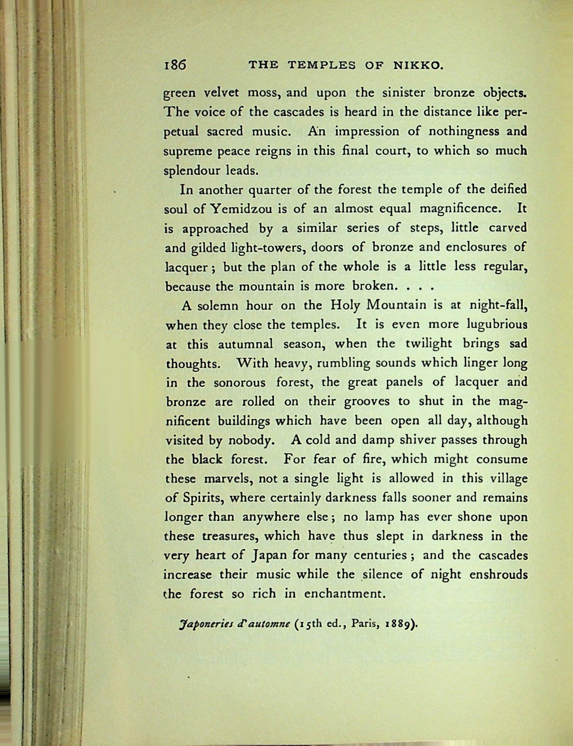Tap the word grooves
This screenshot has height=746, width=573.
tap(368, 401)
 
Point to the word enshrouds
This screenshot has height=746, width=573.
tap(498, 575)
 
